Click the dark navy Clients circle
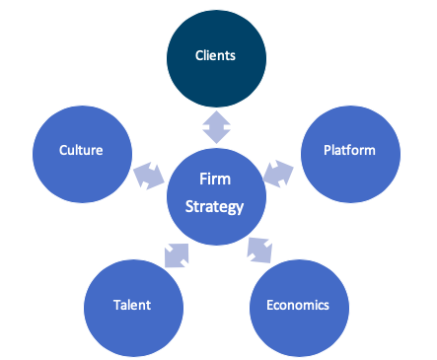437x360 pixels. coord(216,58)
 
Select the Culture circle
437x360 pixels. coord(82,154)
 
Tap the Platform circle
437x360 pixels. coord(350,154)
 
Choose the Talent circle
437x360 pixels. coord(133,308)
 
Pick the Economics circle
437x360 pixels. coord(299,308)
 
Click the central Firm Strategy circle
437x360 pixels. coord(216,196)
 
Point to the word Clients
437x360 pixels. coord(215,55)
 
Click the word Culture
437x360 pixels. coord(81,150)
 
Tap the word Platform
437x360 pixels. coord(349,150)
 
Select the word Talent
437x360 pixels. coord(132,305)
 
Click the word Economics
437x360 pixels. coord(298,305)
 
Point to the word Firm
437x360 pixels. coord(215,180)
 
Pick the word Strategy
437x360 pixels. coord(214,207)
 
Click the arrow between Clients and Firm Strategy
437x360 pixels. coord(216,127)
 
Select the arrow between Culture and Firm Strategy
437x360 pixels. coord(149,176)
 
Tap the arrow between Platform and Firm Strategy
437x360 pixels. coord(278,174)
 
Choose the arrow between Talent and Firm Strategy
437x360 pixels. coord(177,255)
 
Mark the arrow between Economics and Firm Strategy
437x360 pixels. coord(259,251)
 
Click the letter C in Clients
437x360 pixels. coord(199,55)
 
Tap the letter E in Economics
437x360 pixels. coord(270,305)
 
